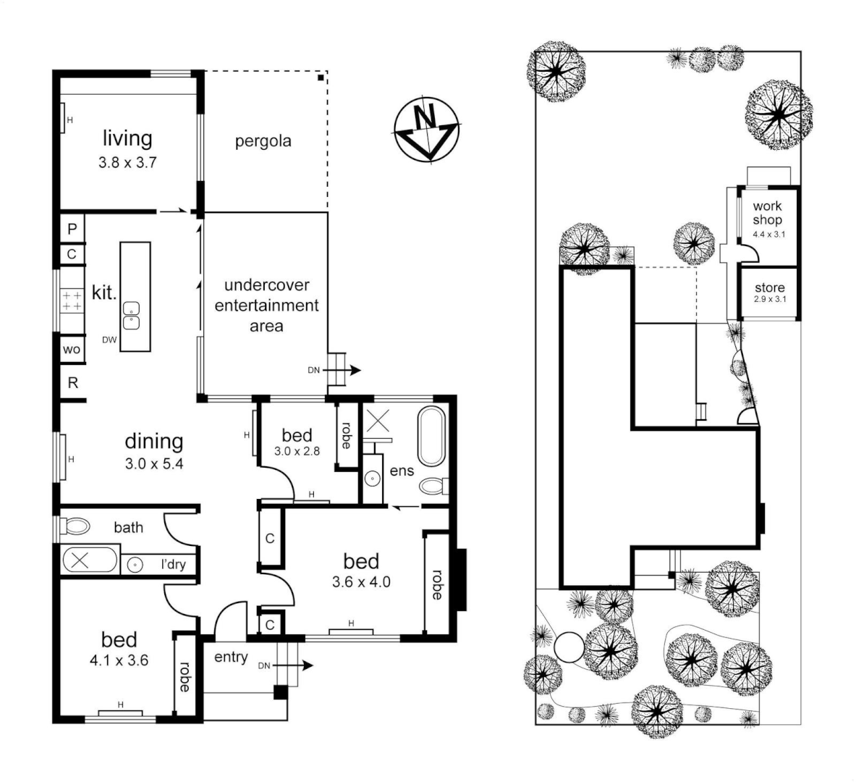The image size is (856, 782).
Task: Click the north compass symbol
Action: click(x=427, y=128)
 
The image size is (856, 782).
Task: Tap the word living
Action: click(x=127, y=138)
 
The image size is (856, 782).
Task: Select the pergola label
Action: click(x=263, y=141)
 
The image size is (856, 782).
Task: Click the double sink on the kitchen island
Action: click(x=131, y=316)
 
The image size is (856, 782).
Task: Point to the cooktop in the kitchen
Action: click(x=72, y=301)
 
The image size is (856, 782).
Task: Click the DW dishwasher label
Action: click(x=109, y=339)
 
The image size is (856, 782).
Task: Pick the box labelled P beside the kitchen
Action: click(x=72, y=229)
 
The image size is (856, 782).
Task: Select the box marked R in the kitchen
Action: click(x=72, y=383)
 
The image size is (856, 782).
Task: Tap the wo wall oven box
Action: click(x=72, y=350)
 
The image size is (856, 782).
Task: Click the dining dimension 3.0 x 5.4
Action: click(x=154, y=464)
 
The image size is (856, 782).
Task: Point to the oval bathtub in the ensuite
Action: click(x=432, y=437)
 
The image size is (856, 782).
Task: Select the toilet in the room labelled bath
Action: click(x=75, y=526)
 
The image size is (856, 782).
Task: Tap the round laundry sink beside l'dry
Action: click(x=134, y=564)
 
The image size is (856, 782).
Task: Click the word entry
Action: click(x=231, y=657)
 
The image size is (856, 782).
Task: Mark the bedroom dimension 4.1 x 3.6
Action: click(x=119, y=660)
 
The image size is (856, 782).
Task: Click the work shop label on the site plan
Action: click(x=767, y=214)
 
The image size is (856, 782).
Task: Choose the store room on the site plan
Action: click(x=769, y=293)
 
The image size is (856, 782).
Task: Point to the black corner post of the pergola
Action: click(x=321, y=77)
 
